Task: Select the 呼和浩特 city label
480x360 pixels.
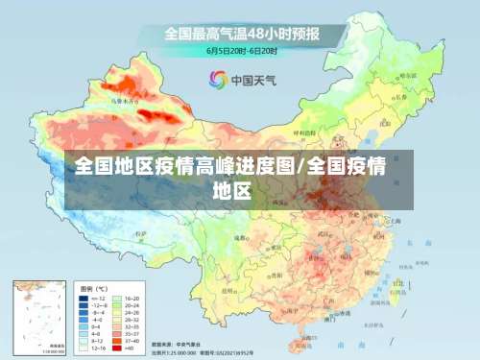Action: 304,134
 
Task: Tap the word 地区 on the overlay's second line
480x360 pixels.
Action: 231,189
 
